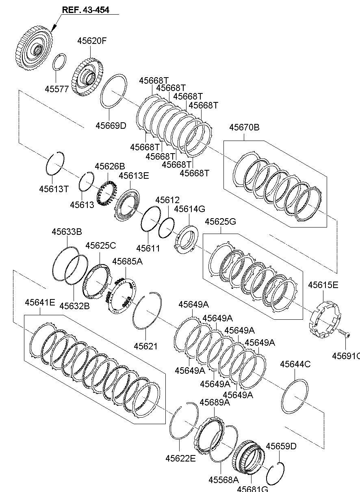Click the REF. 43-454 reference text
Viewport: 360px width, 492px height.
(85, 10)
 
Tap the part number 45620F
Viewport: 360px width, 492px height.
(92, 41)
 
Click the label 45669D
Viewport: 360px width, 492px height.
(111, 126)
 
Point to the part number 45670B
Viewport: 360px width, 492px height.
(244, 127)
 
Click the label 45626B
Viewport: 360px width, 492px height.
(110, 167)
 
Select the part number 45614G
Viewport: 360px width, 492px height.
(189, 209)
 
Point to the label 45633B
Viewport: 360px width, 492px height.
(67, 232)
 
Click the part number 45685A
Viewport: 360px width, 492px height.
(127, 261)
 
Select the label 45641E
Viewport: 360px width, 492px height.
(40, 302)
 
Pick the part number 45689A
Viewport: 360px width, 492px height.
(215, 402)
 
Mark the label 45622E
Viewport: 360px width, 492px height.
(180, 458)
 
